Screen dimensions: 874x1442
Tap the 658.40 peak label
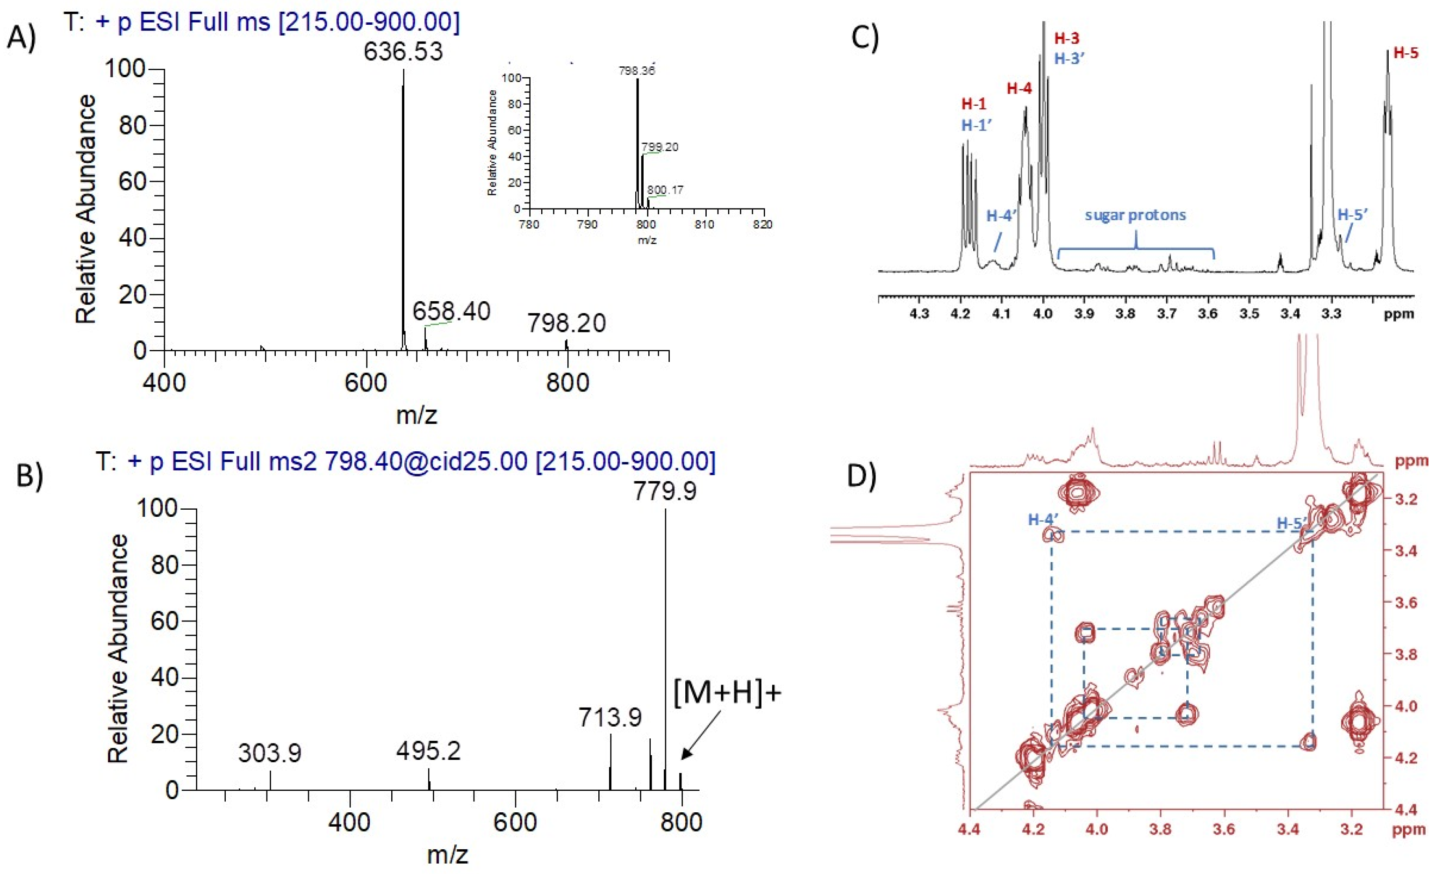451,311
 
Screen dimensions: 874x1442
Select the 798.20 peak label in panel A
566,323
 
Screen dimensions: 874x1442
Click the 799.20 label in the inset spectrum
660,147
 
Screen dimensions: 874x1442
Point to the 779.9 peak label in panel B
665,491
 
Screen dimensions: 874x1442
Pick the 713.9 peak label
610,717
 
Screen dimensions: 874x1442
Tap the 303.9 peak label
269,753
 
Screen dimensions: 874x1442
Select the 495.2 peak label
428,751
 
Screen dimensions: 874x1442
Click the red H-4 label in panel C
1019,88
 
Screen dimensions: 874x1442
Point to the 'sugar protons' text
1135,215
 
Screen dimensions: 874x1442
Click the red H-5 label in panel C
1406,53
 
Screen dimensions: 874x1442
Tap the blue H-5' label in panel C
1352,215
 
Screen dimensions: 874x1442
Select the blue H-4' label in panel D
1043,519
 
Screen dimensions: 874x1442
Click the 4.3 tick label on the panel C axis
919,314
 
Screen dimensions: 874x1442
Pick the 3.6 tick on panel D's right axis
1405,603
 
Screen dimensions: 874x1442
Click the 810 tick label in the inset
704,224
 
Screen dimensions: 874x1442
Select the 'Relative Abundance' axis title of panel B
118,649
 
